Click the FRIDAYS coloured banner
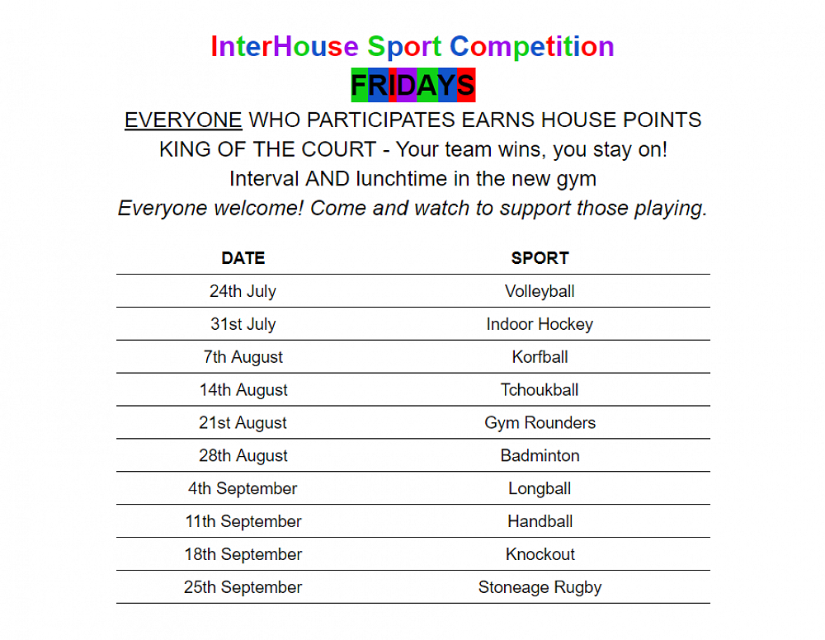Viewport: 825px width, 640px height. [x=413, y=85]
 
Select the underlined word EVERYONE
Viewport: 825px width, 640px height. [x=183, y=120]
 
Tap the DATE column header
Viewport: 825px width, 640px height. [x=243, y=258]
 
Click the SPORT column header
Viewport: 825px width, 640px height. [x=540, y=258]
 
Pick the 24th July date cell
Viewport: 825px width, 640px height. [x=243, y=291]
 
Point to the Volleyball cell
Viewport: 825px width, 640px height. [x=540, y=291]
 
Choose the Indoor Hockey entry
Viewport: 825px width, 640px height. [x=540, y=324]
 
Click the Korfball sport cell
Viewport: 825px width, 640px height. [x=540, y=357]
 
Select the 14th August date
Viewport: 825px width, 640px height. [x=243, y=390]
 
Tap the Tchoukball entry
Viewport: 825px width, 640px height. [x=540, y=390]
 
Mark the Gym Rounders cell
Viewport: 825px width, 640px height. [x=540, y=423]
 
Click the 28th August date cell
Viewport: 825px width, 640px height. [x=243, y=456]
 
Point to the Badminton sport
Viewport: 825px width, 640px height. [x=540, y=456]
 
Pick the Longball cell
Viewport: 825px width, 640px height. [x=540, y=489]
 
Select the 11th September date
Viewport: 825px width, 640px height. [x=243, y=522]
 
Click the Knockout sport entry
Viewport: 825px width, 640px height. [x=540, y=554]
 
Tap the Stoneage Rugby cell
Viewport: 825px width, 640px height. [x=540, y=587]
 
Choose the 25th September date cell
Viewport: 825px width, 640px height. [x=243, y=587]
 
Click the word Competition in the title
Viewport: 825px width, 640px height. [x=532, y=47]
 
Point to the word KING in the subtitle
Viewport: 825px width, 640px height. [x=185, y=149]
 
